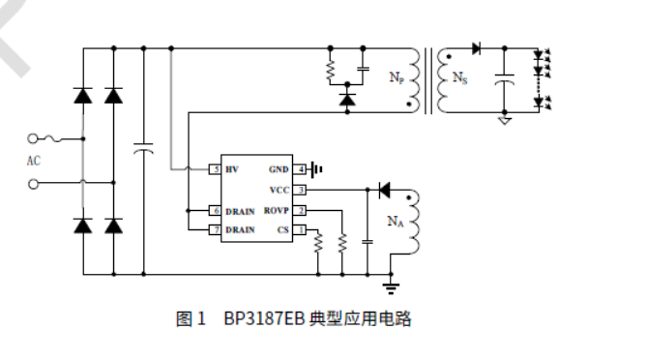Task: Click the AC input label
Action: (x=33, y=161)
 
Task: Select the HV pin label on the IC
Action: (x=231, y=169)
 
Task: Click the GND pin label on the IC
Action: (x=279, y=169)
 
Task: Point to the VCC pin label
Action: (x=279, y=190)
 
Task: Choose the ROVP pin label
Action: (x=278, y=210)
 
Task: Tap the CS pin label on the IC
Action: (x=283, y=229)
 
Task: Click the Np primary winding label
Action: (x=397, y=77)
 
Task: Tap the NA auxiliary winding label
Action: (x=396, y=222)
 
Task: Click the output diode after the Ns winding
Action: (x=477, y=47)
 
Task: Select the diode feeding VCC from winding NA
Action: (x=383, y=190)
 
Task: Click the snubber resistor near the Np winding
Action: (x=331, y=70)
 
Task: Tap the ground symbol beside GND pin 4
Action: (x=317, y=169)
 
